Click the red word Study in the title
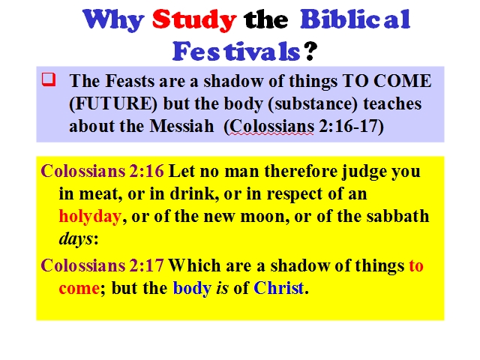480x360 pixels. click(194, 20)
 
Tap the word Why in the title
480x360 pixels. click(113, 21)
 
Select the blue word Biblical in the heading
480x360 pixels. click(355, 19)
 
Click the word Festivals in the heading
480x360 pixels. click(236, 51)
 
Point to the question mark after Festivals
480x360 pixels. click(310, 51)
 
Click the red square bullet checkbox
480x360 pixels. click(49, 79)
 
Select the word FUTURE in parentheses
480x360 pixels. click(113, 103)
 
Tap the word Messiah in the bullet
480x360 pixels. click(181, 126)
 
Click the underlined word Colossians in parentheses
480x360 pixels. click(271, 126)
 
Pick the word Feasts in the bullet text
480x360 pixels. click(130, 81)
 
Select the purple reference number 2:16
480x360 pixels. click(147, 171)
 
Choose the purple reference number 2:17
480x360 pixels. click(147, 265)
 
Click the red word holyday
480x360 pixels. click(90, 217)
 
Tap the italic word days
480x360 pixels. click(76, 239)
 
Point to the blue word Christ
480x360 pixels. click(278, 288)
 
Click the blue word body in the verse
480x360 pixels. click(192, 288)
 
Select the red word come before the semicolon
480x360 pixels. click(79, 289)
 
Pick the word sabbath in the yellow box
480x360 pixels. click(398, 216)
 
